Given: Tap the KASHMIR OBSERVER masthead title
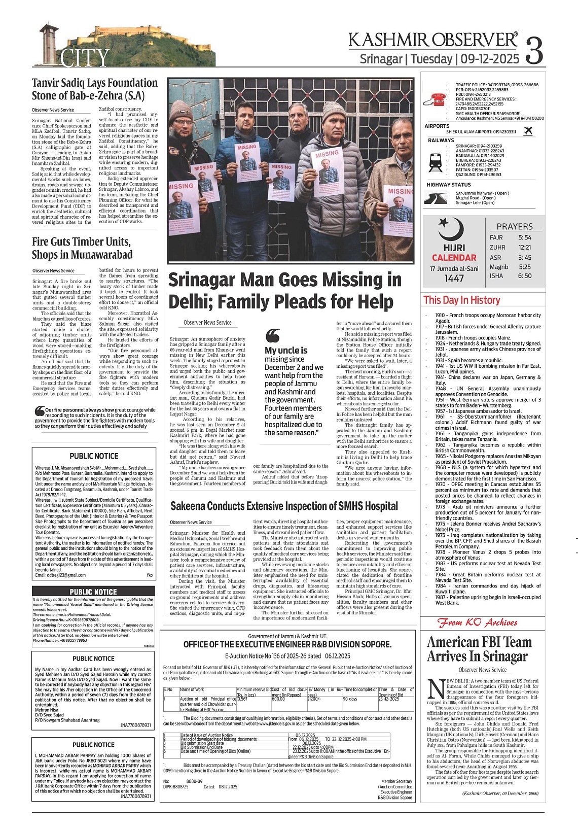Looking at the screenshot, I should tap(433, 40).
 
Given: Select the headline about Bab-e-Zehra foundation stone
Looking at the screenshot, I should tap(95, 89).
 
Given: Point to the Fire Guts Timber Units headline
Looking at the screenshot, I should tap(82, 248).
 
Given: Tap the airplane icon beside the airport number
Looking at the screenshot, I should tap(528, 131).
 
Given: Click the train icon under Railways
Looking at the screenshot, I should tap(435, 161).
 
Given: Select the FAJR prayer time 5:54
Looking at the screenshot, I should tap(525, 237).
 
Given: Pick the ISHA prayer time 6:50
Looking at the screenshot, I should tap(525, 276).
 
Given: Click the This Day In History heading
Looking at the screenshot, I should tap(461, 300).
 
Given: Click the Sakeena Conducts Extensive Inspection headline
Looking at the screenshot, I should tap(284, 506).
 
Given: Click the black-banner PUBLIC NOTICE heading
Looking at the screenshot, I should tap(93, 592).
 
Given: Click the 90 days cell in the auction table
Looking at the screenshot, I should tap(350, 699).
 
